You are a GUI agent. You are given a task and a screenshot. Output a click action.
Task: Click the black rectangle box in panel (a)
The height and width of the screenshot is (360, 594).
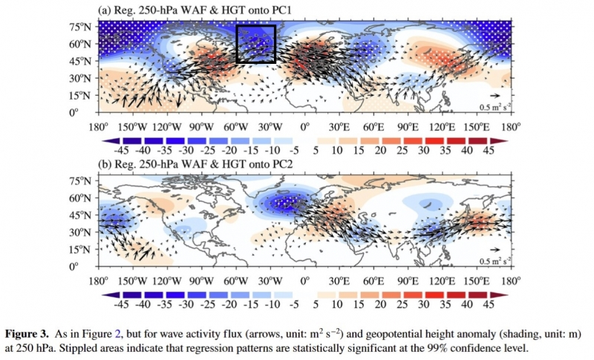click(x=255, y=44)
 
